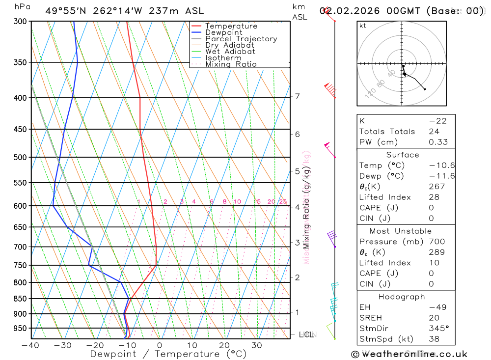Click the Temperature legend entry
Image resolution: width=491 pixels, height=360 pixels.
[231, 26]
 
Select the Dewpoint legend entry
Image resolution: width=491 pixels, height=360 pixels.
[223, 32]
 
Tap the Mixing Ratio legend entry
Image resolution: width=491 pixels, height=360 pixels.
[231, 64]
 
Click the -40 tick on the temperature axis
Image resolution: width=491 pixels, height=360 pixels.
[30, 345]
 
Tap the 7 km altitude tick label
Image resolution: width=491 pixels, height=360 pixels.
[298, 96]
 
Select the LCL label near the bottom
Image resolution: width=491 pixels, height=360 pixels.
[306, 334]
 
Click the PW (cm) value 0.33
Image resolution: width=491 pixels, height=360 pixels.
[438, 142]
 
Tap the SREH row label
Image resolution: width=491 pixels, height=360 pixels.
[370, 318]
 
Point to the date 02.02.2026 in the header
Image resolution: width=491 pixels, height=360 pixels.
[352, 11]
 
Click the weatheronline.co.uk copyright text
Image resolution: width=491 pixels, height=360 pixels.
[409, 354]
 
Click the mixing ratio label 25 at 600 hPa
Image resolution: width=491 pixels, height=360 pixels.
[283, 201]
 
